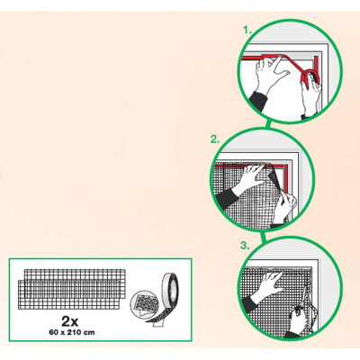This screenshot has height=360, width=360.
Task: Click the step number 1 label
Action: (x=247, y=31)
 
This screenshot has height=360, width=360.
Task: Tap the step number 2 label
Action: (x=215, y=139)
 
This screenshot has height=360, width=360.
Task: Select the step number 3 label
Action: (x=245, y=246)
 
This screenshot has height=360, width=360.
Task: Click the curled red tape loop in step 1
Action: (x=310, y=76)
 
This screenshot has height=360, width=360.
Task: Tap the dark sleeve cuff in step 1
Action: (x=257, y=101)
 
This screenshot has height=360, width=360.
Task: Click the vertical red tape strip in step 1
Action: (x=317, y=65)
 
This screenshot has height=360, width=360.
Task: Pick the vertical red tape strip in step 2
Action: (x=286, y=178)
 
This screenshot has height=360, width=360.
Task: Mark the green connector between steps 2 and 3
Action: (x=264, y=236)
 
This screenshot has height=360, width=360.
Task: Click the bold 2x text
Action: (x=70, y=321)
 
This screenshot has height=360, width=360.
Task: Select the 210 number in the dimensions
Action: (x=77, y=332)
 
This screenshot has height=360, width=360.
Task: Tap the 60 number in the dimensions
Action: (x=53, y=332)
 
